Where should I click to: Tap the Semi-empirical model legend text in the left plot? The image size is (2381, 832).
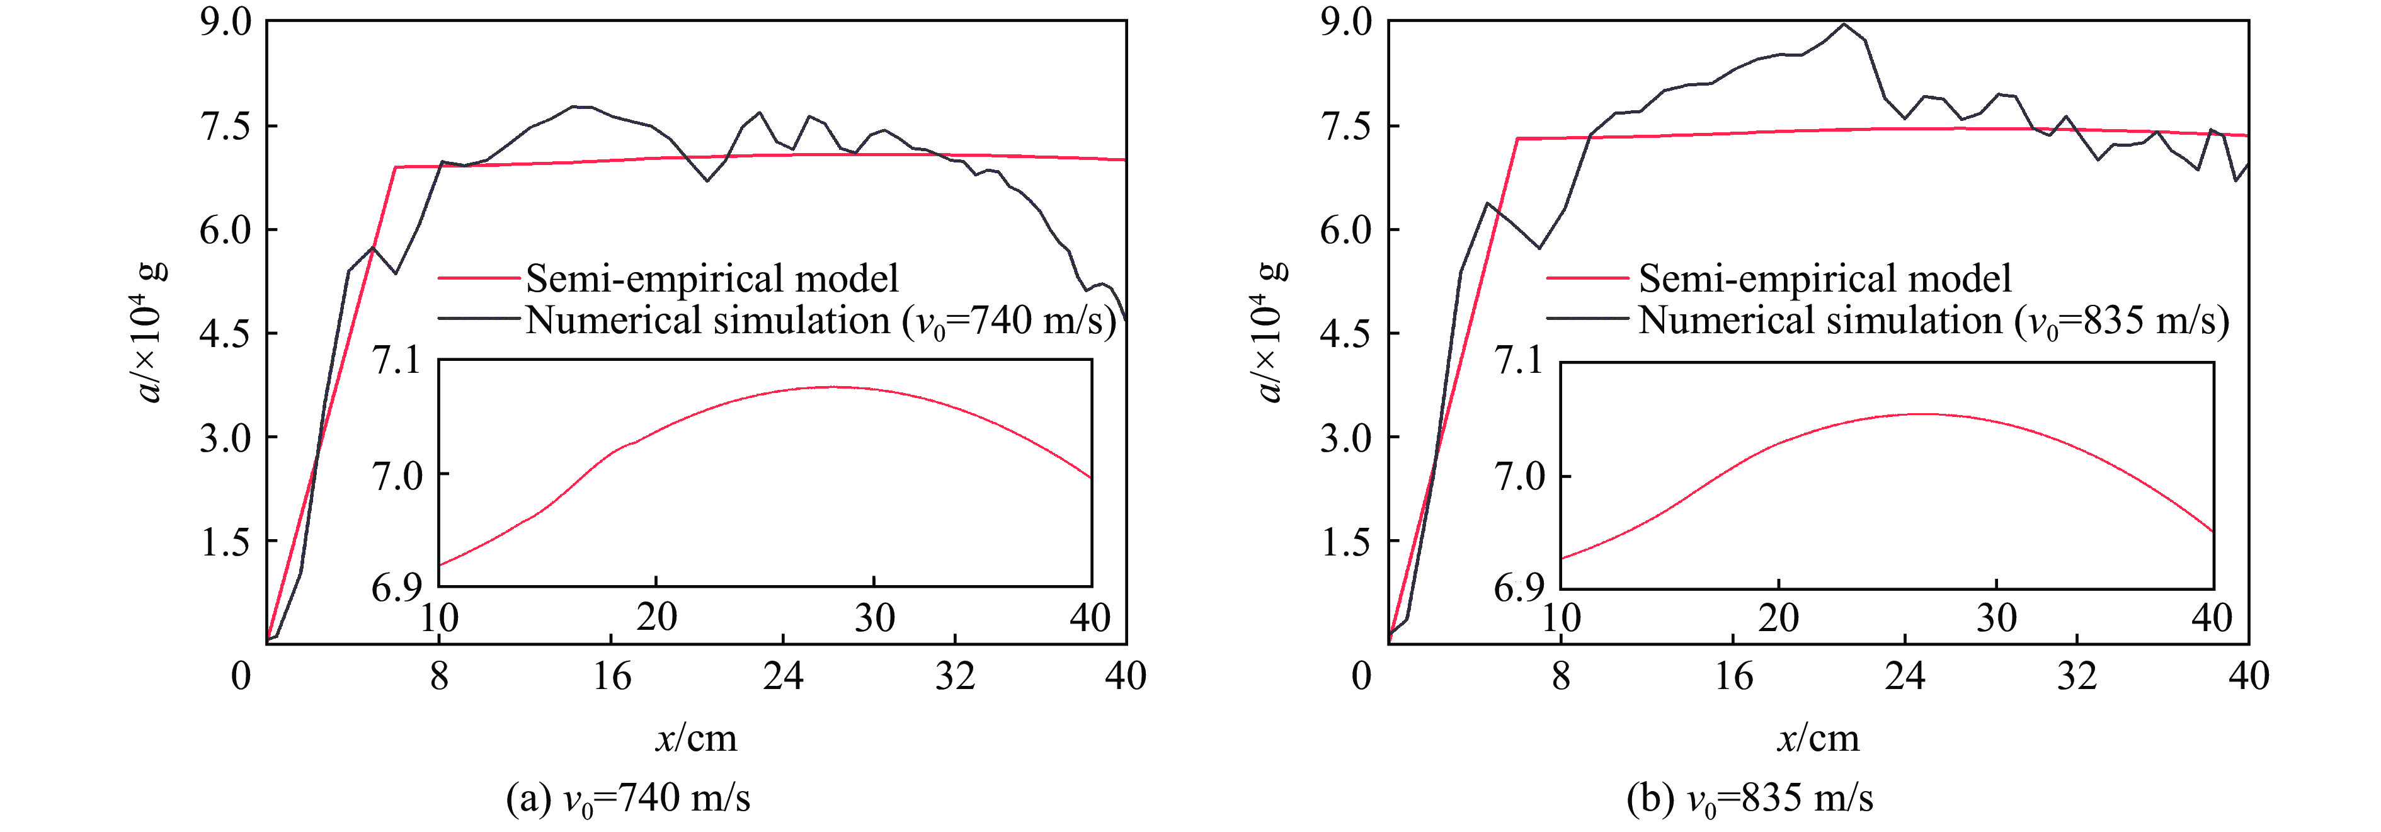pos(712,278)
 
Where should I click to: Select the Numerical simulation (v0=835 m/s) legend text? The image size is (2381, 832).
pos(1934,321)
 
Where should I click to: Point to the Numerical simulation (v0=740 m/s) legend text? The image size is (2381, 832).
pos(821,321)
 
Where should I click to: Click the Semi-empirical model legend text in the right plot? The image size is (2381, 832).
pos(1825,278)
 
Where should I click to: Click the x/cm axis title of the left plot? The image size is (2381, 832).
pos(696,738)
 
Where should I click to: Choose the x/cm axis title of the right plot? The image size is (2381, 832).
pos(1817,738)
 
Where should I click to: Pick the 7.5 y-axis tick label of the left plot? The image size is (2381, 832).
pos(226,126)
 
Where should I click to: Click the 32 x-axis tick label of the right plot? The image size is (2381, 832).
pos(2077,676)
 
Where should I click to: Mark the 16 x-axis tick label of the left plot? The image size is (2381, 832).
pos(611,676)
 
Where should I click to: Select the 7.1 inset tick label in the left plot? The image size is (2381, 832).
pos(396,360)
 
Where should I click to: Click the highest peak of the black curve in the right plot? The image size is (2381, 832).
pos(1844,24)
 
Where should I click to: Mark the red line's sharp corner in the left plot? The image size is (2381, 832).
pos(396,168)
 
